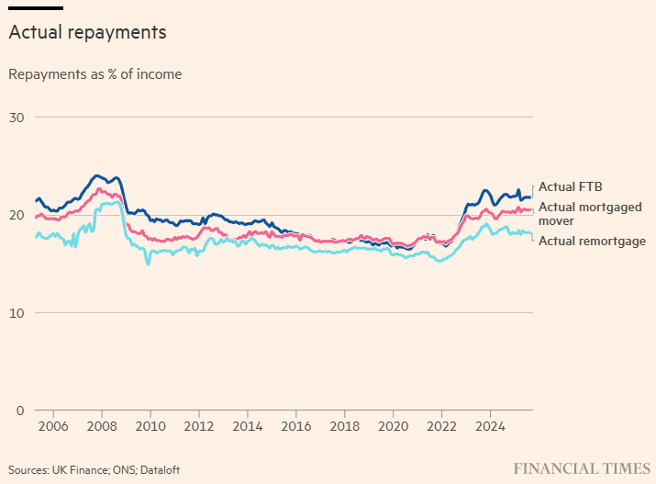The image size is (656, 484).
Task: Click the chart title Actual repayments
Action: (87, 32)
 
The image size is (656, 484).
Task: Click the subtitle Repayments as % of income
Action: (95, 74)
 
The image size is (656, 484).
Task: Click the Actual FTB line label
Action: (570, 187)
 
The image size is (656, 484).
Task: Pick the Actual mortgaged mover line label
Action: (589, 214)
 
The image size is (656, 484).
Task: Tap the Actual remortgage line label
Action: (591, 242)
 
